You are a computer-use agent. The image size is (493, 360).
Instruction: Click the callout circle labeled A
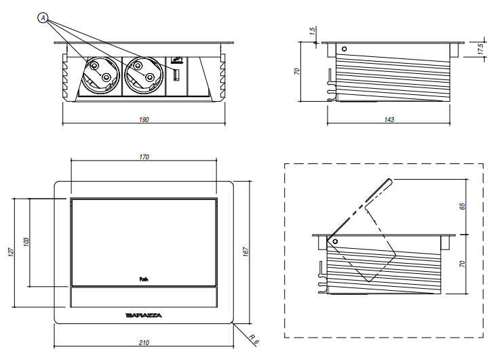tap(43, 19)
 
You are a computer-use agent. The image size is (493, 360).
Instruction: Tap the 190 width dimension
tap(144, 119)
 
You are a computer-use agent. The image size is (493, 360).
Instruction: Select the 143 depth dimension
tap(389, 119)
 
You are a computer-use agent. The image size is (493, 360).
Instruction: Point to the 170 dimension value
tap(144, 157)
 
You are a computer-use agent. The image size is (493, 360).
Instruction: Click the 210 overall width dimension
tap(144, 343)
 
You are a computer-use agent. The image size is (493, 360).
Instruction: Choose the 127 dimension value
tap(11, 252)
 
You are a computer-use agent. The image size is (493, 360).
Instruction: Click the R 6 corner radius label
tap(252, 340)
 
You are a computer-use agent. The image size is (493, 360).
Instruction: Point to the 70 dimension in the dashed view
tap(463, 264)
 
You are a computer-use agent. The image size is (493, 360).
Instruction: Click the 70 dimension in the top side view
tap(297, 71)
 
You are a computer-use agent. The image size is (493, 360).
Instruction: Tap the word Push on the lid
tap(144, 279)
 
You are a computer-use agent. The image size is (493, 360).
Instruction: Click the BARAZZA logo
tap(144, 315)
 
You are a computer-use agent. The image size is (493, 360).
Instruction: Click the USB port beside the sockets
tap(175, 77)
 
